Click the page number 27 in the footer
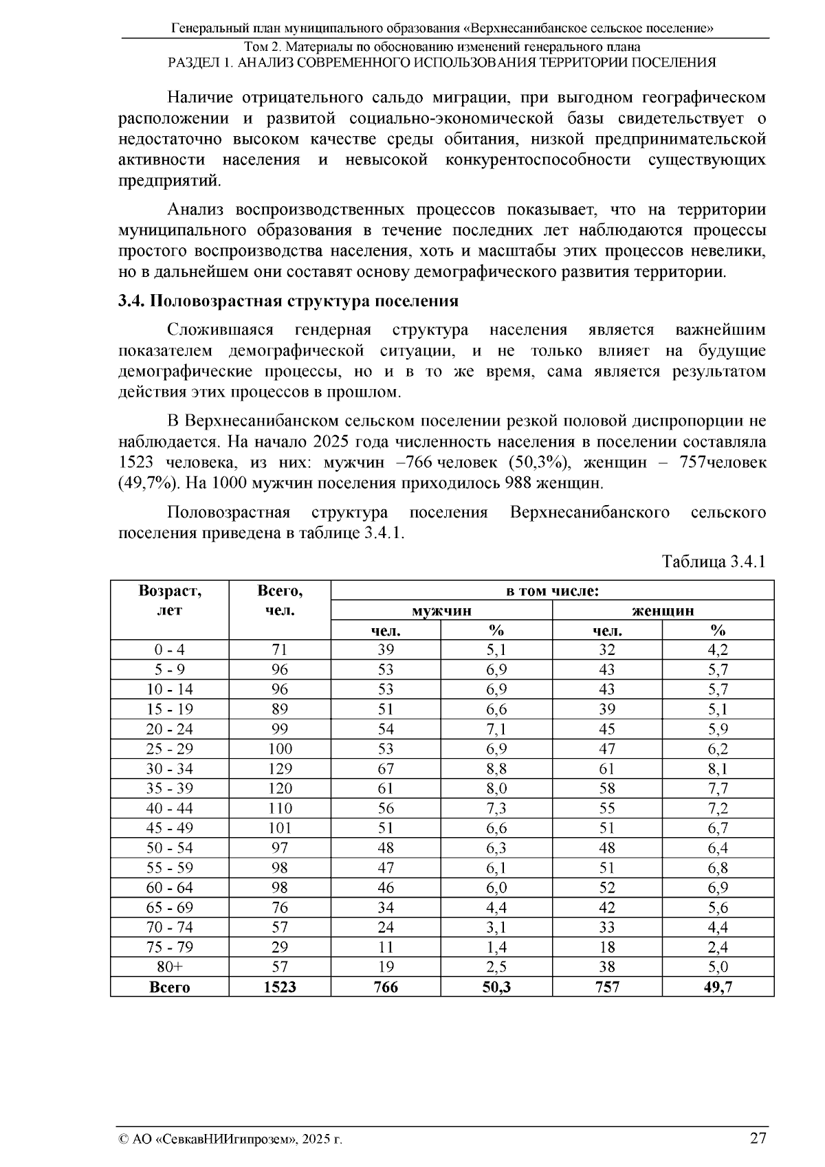[758, 1138]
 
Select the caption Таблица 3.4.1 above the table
[714, 562]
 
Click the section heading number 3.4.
[131, 301]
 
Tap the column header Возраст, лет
[169, 600]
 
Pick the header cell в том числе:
[552, 590]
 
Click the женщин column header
[663, 610]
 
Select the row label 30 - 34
[169, 768]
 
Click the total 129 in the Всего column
[280, 768]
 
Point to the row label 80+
[169, 967]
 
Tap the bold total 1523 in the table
[280, 987]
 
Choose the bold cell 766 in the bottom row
[386, 987]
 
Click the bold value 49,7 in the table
[718, 987]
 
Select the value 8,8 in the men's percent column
[496, 768]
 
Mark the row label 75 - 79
[169, 947]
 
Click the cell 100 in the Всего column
[280, 748]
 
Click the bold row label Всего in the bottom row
[169, 987]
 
